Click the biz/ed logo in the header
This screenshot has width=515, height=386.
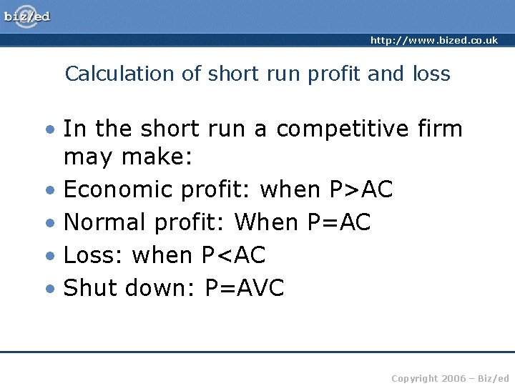(x=27, y=16)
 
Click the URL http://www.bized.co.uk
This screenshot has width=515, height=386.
(x=433, y=41)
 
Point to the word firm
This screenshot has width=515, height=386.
(x=439, y=129)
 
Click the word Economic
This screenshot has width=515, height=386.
(x=118, y=189)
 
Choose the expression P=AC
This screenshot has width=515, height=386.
(x=338, y=222)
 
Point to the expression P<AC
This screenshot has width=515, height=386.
(x=233, y=255)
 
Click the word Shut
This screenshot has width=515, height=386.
(x=91, y=288)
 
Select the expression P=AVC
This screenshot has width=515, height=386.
(x=245, y=288)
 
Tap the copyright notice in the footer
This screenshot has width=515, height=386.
(x=450, y=377)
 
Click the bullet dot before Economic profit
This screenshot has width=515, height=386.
(x=49, y=191)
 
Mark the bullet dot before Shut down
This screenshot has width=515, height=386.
(x=49, y=289)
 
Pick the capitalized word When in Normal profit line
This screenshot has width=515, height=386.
(x=266, y=222)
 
